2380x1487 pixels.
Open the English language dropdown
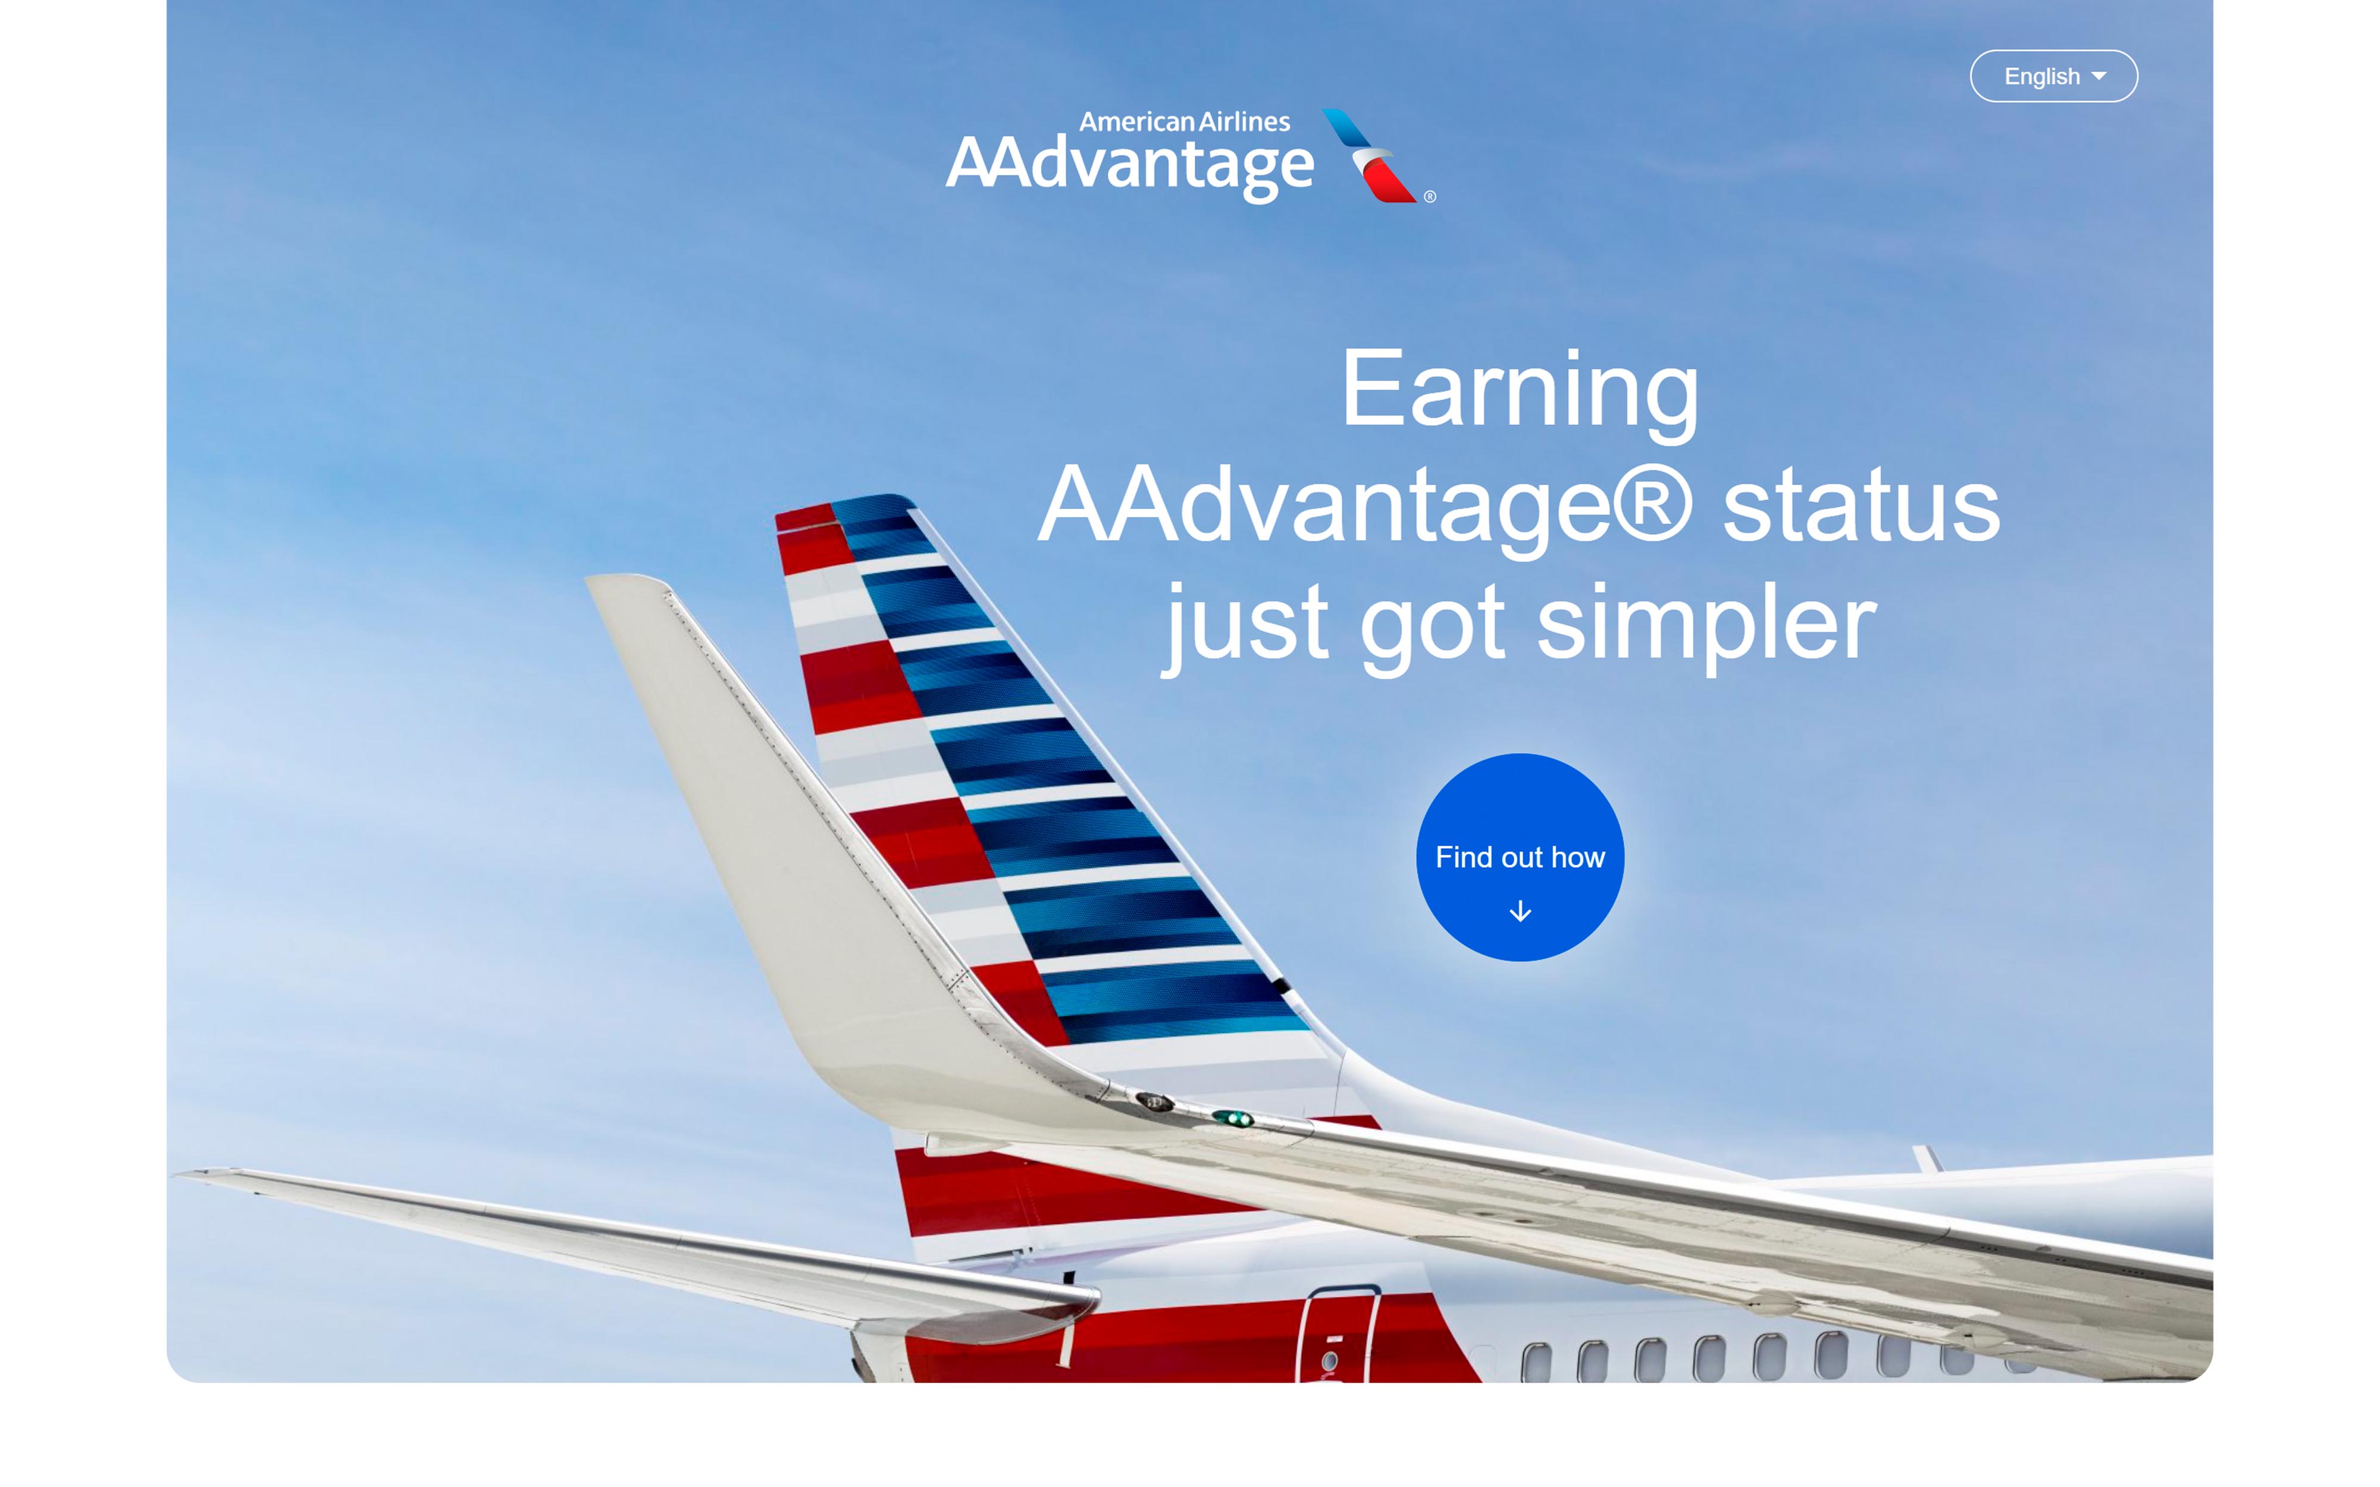point(2053,76)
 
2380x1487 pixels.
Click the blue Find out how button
point(1520,857)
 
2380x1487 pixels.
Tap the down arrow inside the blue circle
point(1520,911)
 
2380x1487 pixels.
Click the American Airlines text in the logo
point(1184,122)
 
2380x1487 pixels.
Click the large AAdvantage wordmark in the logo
point(1130,166)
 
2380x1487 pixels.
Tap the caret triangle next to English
point(2099,76)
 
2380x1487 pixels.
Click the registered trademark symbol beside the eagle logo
point(1430,197)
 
